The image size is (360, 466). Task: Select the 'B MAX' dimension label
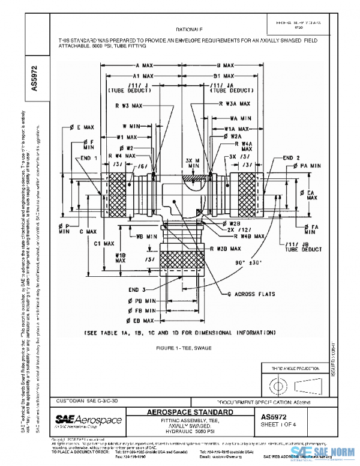click(224, 65)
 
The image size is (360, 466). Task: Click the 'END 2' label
click(291, 158)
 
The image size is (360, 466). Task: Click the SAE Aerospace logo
click(88, 420)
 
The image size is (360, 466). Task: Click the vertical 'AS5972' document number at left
click(34, 74)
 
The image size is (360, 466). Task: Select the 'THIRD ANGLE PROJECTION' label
click(296, 367)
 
